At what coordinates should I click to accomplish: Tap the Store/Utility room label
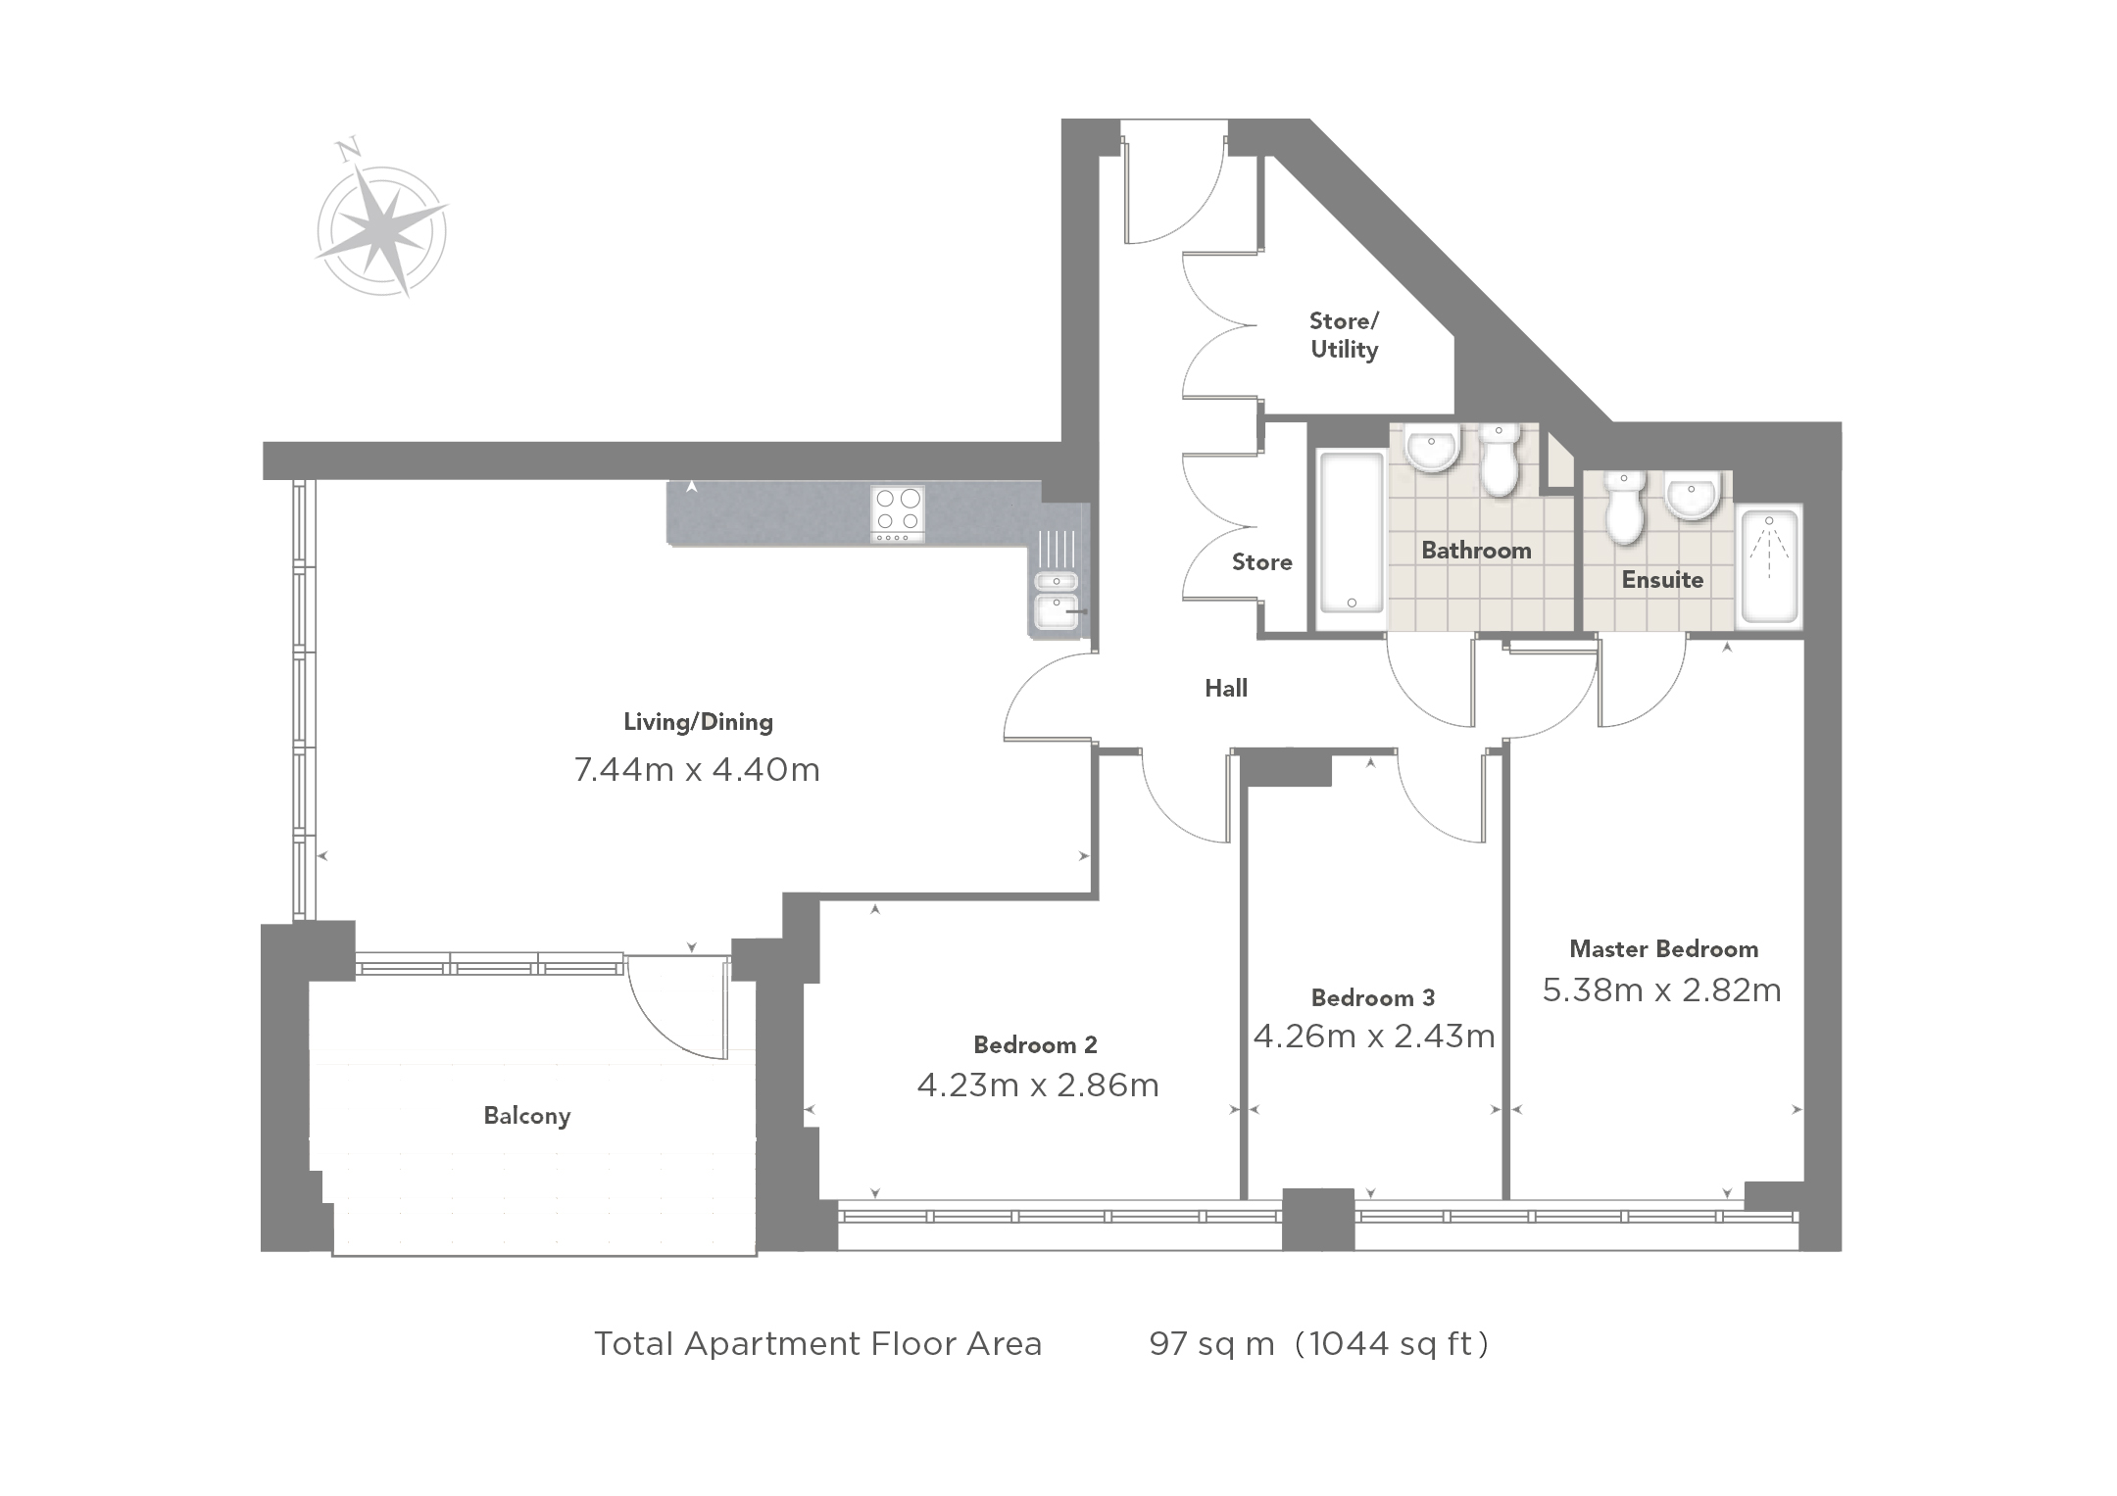(1344, 336)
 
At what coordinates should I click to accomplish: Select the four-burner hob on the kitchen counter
(898, 514)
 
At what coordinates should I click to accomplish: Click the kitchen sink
(1057, 598)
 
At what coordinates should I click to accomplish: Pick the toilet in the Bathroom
(1499, 460)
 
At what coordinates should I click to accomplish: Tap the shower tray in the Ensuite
(1769, 566)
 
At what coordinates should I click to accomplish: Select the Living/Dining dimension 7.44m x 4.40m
(697, 770)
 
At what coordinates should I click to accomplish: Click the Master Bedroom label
(1663, 948)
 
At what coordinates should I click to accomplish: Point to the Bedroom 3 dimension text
(1374, 1036)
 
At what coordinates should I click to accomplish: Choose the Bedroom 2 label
(1035, 1044)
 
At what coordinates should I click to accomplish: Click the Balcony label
(527, 1116)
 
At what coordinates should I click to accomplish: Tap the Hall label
(1226, 688)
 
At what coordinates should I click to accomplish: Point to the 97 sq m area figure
(1211, 1343)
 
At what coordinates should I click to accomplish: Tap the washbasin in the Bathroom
(1433, 449)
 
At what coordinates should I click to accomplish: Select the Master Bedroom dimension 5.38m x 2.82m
(1662, 990)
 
